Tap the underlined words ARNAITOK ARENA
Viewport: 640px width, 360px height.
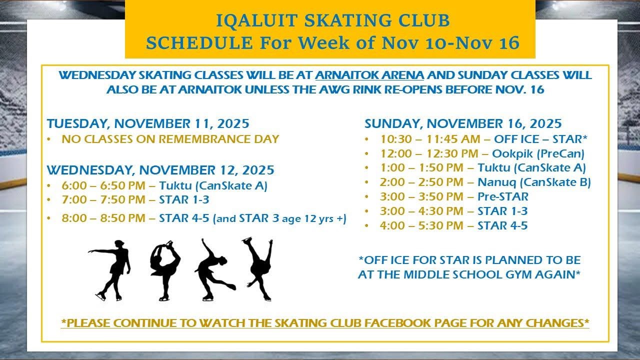369,75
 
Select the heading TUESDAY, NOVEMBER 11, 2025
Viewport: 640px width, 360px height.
148,123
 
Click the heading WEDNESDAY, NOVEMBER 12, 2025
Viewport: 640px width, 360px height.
160,170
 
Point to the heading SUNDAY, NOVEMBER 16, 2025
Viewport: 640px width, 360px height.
463,123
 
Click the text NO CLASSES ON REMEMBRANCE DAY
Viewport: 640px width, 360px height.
170,139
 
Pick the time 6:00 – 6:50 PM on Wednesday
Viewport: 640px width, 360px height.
103,185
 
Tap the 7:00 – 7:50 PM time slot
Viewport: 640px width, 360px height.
103,199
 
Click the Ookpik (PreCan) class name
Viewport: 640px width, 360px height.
538,153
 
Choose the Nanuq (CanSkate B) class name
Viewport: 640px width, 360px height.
534,182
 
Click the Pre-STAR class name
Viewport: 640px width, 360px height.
503,196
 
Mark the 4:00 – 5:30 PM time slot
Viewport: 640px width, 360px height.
421,225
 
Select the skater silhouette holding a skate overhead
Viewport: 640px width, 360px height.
165,270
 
